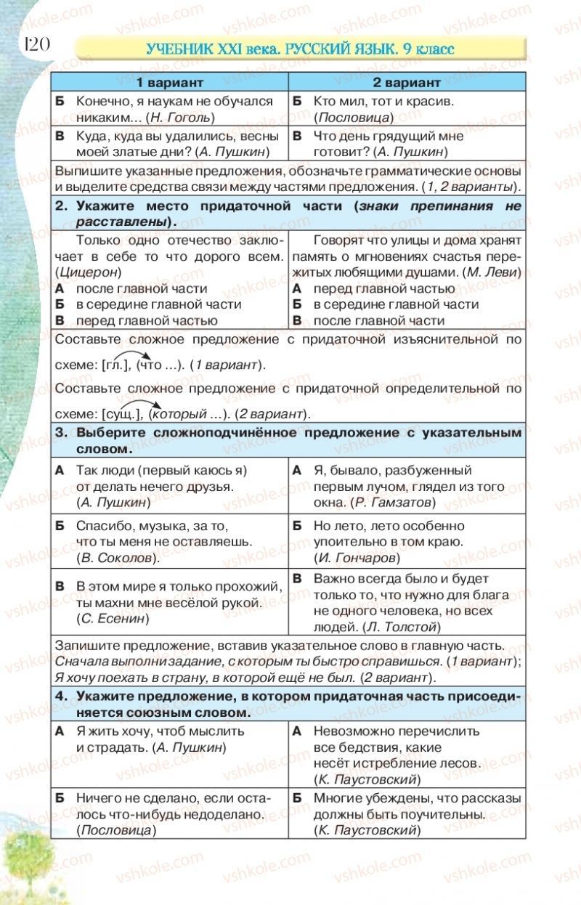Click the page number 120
pos(36,44)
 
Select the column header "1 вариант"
pos(170,83)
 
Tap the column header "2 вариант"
pos(407,83)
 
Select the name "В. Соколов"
pos(115,558)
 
